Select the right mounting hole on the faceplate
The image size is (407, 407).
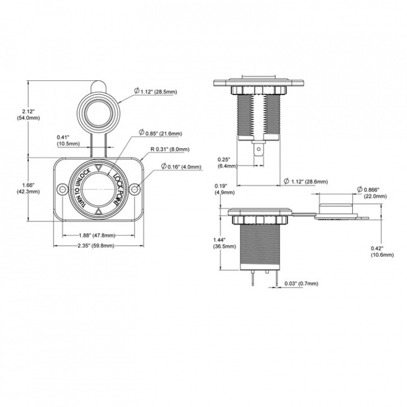[x=135, y=189]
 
